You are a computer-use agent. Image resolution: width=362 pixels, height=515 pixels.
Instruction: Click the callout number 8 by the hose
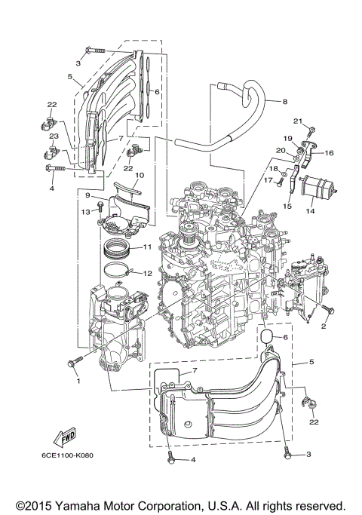(x=285, y=102)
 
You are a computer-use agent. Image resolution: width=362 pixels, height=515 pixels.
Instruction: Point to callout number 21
(x=297, y=121)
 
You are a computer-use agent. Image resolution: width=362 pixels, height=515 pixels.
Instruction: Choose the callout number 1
(x=77, y=381)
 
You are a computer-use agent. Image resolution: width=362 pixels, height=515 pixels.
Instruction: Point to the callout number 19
(x=287, y=139)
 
